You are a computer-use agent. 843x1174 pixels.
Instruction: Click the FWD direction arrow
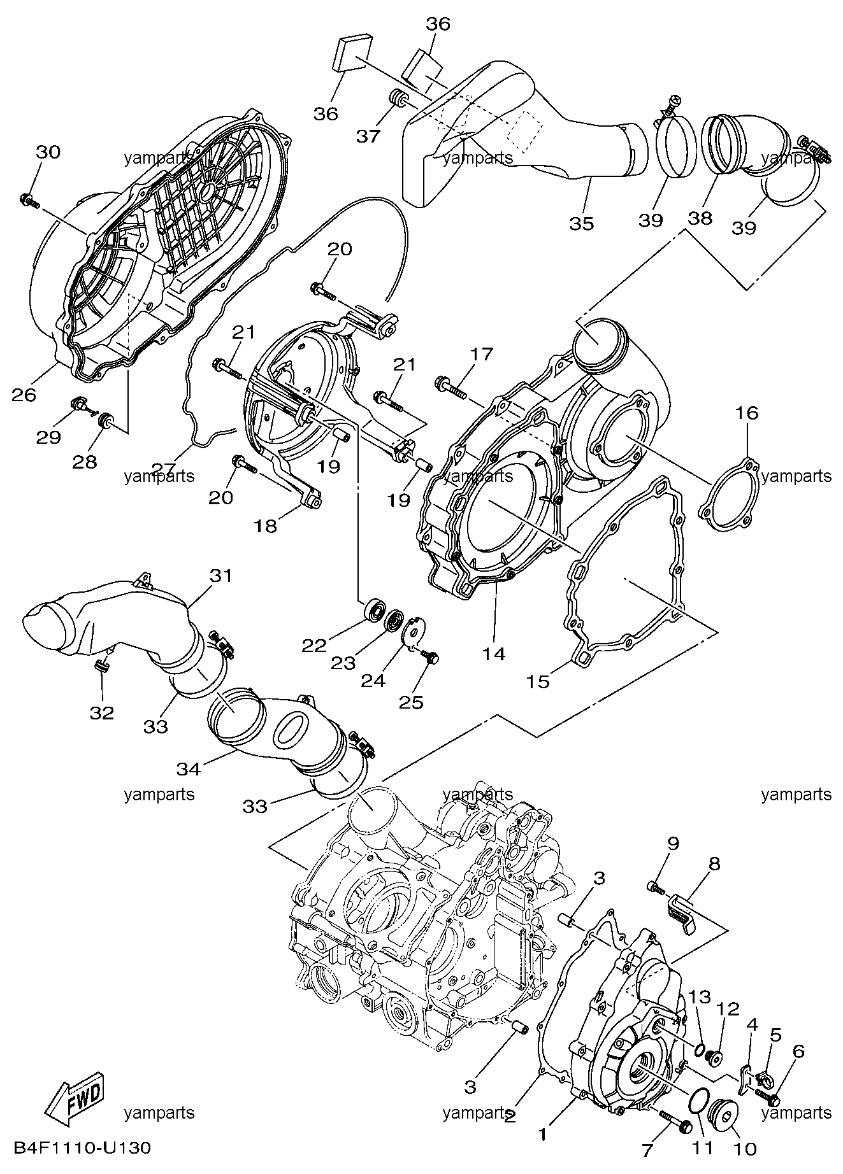pyautogui.click(x=75, y=1100)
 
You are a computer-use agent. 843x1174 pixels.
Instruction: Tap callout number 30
pyautogui.click(x=48, y=152)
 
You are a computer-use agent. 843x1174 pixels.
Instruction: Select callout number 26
pyautogui.click(x=25, y=395)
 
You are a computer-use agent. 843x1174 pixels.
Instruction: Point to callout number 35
pyautogui.click(x=581, y=223)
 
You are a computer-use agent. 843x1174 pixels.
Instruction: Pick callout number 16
pyautogui.click(x=747, y=413)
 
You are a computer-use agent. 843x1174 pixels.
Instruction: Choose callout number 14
pyautogui.click(x=494, y=653)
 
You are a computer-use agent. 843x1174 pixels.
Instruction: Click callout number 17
pyautogui.click(x=482, y=354)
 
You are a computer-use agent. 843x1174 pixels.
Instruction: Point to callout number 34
pyautogui.click(x=189, y=770)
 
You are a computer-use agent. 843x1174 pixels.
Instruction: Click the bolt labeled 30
pyautogui.click(x=29, y=201)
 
